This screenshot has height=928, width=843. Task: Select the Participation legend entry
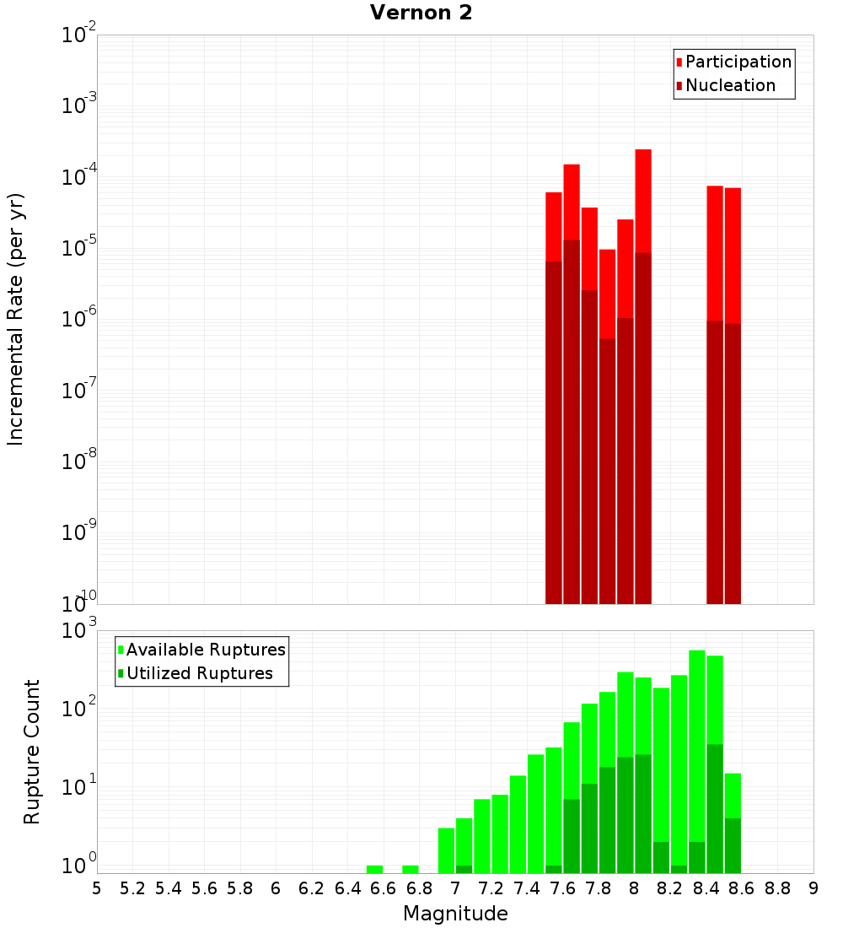(738, 62)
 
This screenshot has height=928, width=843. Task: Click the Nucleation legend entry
(730, 85)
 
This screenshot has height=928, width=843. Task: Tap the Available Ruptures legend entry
(206, 650)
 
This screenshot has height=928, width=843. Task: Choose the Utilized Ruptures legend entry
(199, 673)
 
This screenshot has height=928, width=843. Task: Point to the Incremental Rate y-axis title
(16, 319)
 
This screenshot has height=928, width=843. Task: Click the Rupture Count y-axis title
(32, 751)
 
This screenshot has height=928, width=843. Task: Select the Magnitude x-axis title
(455, 914)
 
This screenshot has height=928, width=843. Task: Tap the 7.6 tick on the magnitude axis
(562, 888)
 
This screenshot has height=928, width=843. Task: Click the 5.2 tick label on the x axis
(132, 888)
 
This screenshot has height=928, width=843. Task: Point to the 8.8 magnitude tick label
(777, 888)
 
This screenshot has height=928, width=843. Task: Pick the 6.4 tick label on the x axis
(347, 888)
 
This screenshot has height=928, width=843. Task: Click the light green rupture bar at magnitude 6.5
(374, 869)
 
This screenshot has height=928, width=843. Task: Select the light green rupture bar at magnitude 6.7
(411, 869)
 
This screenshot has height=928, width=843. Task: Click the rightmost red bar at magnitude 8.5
(733, 253)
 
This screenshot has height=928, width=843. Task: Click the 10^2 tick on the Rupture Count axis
(81, 709)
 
